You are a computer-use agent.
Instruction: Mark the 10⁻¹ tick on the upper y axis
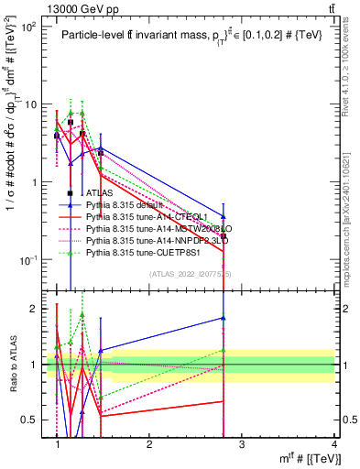pos(31,260)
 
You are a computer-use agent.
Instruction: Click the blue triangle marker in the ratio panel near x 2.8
pos(224,318)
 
